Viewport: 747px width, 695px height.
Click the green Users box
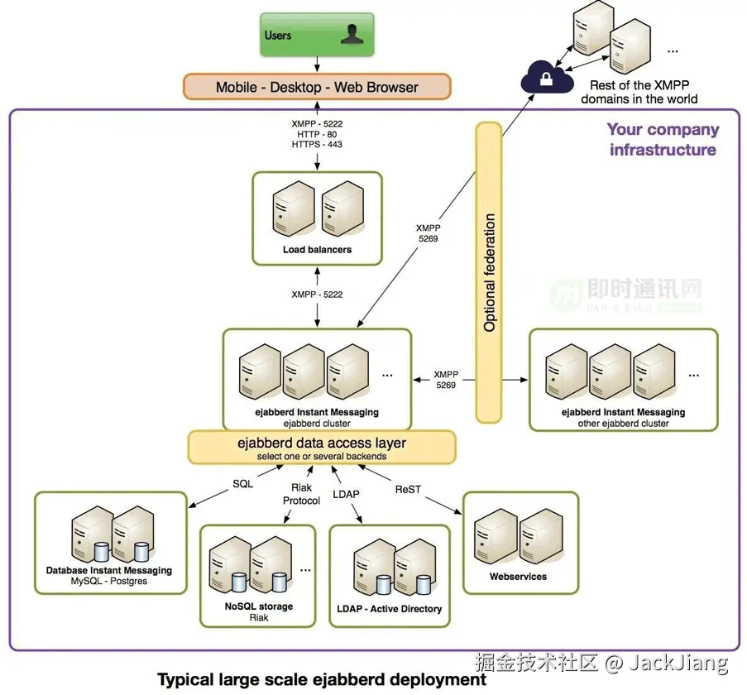317,35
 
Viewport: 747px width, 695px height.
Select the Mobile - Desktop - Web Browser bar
317,87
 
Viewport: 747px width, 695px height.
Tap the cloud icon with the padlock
547,79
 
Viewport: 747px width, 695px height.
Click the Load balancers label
317,249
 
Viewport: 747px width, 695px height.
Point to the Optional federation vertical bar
489,272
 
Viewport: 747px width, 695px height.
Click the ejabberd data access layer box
322,447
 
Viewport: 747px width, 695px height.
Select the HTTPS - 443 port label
317,145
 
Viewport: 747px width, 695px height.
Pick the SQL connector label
242,484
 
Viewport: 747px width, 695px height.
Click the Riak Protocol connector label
301,494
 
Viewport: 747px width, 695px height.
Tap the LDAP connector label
347,494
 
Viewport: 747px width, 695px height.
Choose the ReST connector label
408,489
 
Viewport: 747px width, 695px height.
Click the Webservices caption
518,577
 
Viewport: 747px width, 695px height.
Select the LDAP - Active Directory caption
390,609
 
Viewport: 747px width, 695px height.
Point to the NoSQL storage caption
259,606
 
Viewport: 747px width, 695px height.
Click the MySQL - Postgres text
108,582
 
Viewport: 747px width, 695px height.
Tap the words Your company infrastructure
663,140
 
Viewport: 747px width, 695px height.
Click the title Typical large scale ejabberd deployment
322,679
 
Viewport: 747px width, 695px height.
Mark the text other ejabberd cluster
623,424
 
